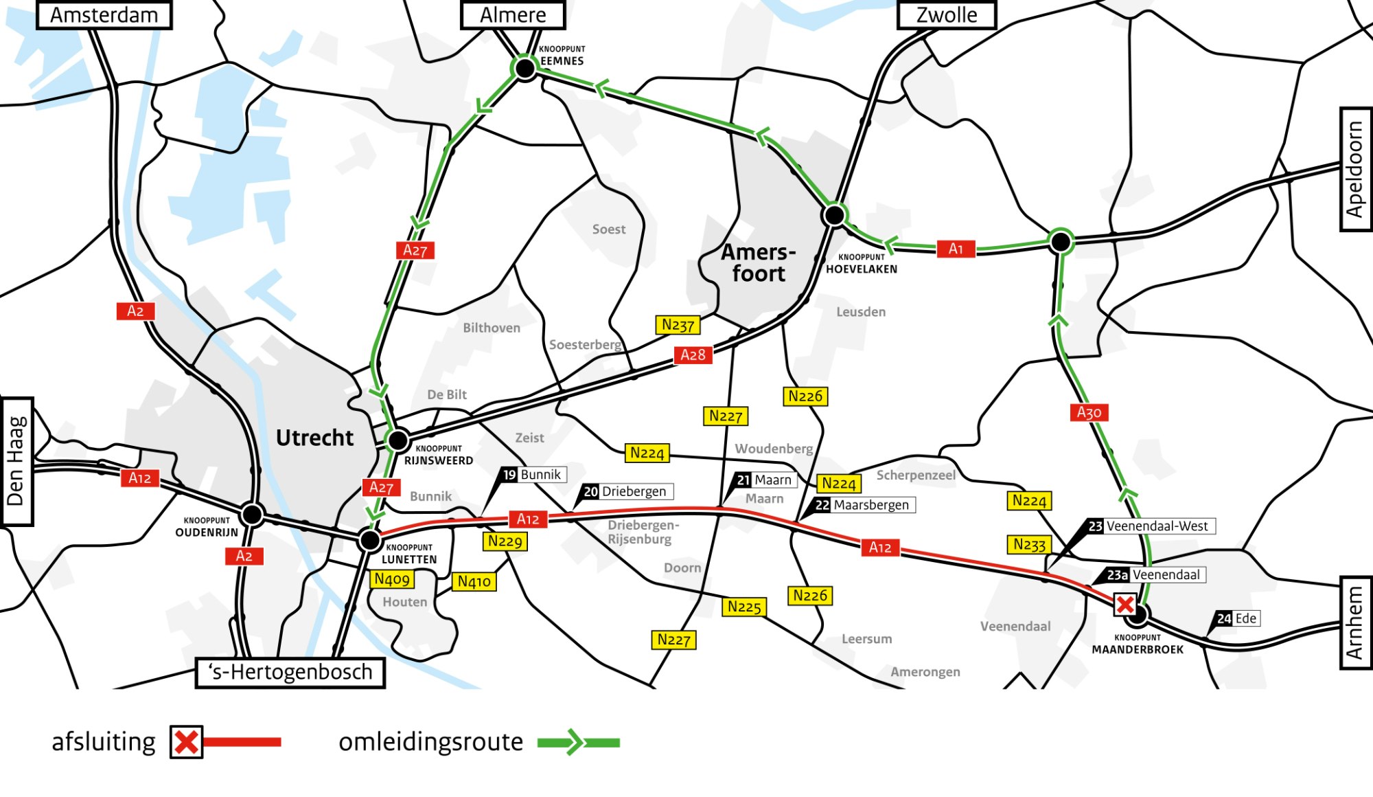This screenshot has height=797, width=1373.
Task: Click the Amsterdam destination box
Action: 104,15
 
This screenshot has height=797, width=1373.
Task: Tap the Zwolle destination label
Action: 947,15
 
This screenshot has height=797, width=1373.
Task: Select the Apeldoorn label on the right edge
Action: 1355,169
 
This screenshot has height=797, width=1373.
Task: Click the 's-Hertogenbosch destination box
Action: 290,672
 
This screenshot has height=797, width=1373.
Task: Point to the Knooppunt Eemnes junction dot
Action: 525,68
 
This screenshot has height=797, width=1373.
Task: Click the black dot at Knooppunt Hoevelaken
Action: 834,215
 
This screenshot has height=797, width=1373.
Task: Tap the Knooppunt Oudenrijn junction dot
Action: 252,514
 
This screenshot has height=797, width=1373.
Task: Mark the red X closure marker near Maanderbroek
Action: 1125,605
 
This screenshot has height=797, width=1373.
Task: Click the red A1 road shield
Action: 956,249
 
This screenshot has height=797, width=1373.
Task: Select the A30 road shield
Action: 1089,412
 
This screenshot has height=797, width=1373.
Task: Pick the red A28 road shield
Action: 693,355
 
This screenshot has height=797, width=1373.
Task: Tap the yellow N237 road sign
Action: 678,325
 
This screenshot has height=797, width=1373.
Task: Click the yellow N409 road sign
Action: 392,579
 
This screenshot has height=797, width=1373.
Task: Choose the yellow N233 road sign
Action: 1029,545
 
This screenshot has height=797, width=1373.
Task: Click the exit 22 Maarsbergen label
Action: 864,505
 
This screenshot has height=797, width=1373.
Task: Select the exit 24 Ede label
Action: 1237,618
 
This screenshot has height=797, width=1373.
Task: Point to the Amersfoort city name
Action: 758,262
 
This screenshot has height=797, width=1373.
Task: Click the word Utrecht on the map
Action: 314,438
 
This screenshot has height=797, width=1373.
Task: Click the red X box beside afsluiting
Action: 186,742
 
